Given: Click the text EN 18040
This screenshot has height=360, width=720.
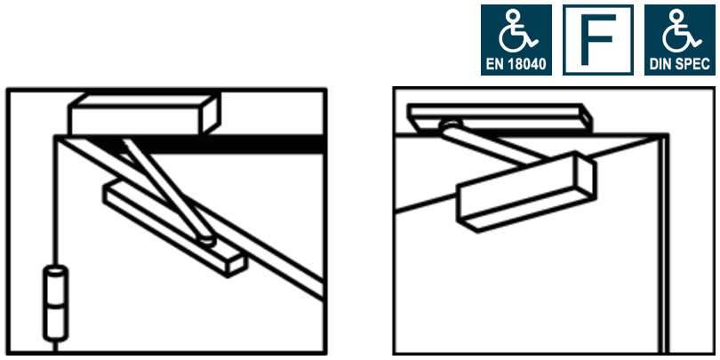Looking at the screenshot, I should [516, 66].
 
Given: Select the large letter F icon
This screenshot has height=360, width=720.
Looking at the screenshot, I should [598, 40].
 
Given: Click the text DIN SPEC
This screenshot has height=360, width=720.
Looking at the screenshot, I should [677, 66].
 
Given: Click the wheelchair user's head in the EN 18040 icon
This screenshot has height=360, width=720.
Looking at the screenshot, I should [510, 17].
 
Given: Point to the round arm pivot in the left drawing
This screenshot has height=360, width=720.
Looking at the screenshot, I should [206, 237].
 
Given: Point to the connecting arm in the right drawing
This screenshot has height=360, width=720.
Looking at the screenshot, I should [489, 149].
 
